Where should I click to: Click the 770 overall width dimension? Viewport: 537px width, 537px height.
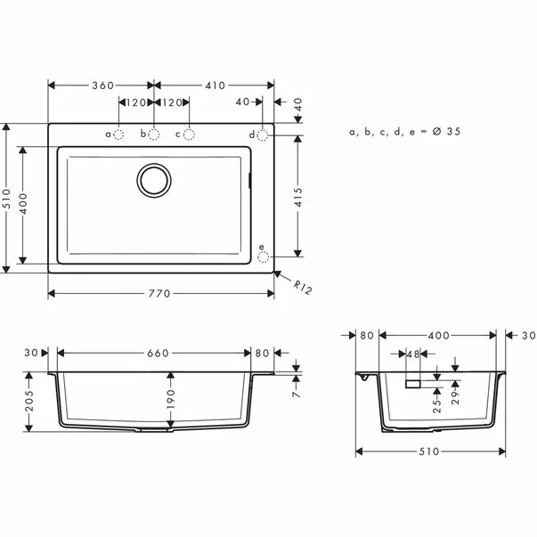161,294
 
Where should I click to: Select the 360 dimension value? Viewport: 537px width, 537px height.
102,85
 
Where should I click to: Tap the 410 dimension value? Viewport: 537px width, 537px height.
214,85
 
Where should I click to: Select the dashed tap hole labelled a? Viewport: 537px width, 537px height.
119,134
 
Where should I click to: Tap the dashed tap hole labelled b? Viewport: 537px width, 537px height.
154,134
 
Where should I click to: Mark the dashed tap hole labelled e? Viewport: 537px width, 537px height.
263,256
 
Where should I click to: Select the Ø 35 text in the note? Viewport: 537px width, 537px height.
445,132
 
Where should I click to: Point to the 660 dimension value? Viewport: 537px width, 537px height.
157,354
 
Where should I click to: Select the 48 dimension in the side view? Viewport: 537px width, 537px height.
411,354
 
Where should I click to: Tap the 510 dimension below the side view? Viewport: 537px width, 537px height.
429,452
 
